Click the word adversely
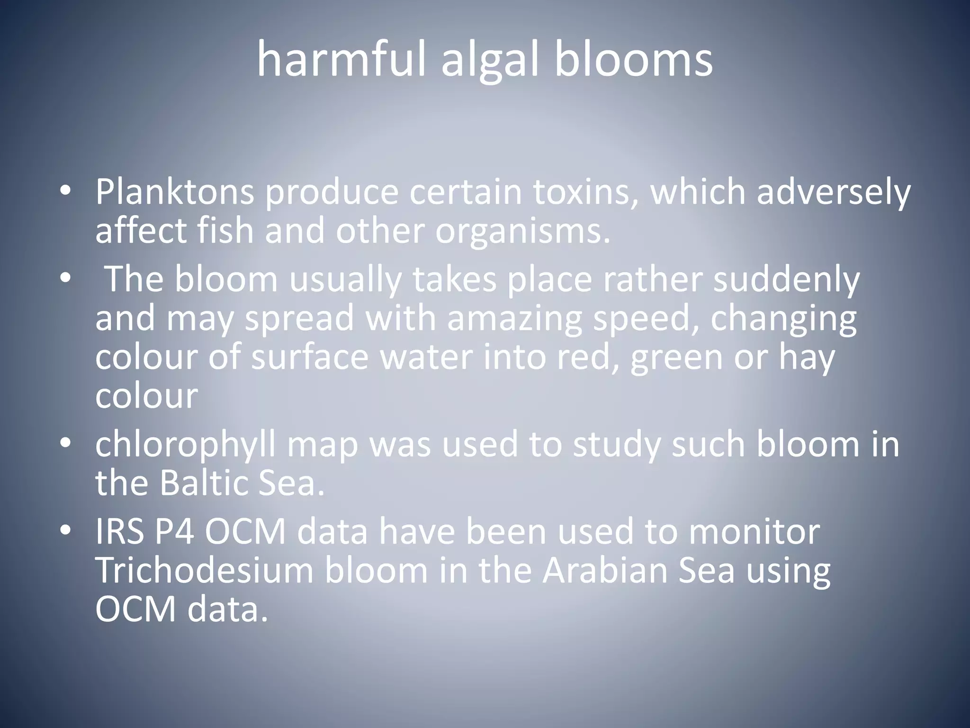[x=834, y=193]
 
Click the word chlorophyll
[x=185, y=446]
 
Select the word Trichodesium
[x=204, y=570]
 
